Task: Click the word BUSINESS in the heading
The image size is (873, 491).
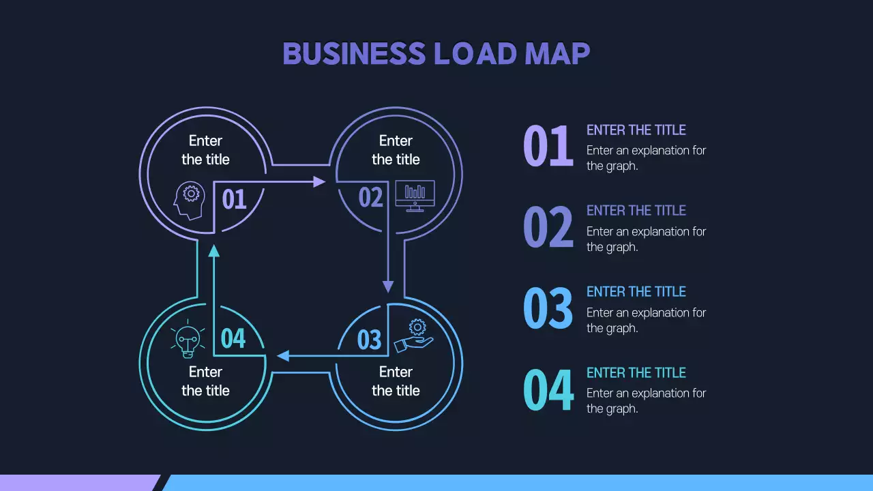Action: pos(353,54)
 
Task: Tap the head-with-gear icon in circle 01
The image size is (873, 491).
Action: pos(190,200)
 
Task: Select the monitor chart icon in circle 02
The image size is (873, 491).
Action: pos(415,196)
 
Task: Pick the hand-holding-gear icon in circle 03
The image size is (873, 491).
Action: pos(415,336)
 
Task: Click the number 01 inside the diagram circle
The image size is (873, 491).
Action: pos(234,199)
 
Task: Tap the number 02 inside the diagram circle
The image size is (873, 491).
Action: pos(371,198)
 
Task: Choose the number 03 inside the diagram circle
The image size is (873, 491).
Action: pos(369,339)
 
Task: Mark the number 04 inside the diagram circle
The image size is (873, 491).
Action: pos(233,338)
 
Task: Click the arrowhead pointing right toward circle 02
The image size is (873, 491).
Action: pos(319,181)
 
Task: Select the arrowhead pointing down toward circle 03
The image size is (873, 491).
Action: pos(388,286)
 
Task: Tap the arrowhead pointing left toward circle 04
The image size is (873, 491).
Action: pos(283,355)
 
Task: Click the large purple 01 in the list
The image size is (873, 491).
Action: pos(548,147)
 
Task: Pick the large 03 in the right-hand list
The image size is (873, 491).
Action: pos(548,308)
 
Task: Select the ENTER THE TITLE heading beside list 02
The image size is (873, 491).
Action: pos(636,211)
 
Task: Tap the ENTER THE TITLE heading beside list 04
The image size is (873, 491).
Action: pos(636,373)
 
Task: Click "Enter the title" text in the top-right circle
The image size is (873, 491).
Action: pos(396,150)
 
